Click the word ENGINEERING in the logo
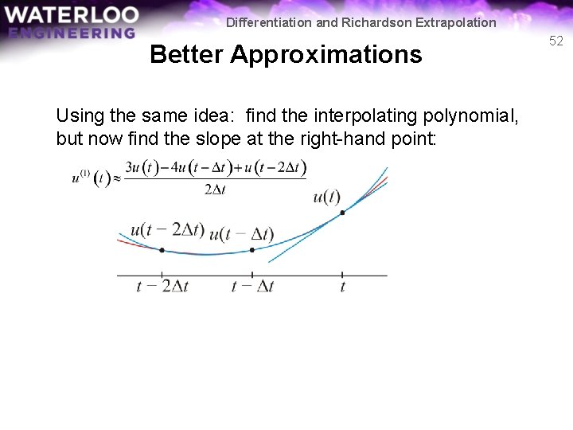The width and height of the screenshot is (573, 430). tap(72, 33)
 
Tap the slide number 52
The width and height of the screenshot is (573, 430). tap(555, 41)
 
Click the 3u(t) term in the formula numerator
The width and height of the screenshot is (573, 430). tap(144, 169)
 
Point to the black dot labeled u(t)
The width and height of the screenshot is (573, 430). tap(342, 212)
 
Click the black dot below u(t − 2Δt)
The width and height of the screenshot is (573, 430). tap(162, 250)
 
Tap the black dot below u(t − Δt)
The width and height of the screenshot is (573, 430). tap(252, 250)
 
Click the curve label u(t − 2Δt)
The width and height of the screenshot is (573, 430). tap(166, 230)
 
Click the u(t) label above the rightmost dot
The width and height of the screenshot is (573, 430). tap(326, 197)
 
